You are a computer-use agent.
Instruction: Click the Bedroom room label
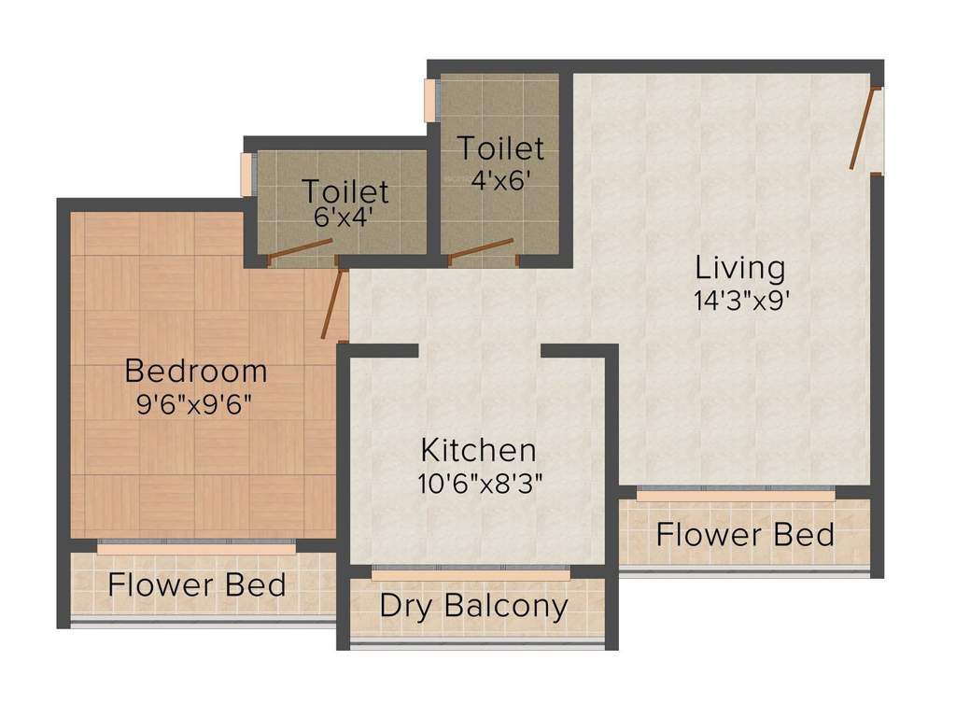tap(196, 371)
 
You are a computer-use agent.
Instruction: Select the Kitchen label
tap(478, 450)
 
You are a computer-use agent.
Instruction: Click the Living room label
tap(740, 268)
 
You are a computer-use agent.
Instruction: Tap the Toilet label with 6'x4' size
tap(344, 191)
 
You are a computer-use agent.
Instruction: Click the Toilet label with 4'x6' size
tap(499, 148)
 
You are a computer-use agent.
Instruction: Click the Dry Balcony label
tap(473, 606)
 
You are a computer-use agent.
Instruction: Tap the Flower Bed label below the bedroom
tap(196, 585)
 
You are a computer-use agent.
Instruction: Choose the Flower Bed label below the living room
tap(744, 535)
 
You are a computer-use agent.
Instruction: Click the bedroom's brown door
tap(333, 304)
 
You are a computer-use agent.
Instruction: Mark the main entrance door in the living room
tap(864, 129)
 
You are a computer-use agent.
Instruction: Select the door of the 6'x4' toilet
tap(300, 249)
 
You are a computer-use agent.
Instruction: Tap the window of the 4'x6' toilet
tap(430, 100)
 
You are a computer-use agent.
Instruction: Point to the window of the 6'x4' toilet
tap(246, 175)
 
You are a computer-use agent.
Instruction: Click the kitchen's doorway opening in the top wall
tap(479, 351)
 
